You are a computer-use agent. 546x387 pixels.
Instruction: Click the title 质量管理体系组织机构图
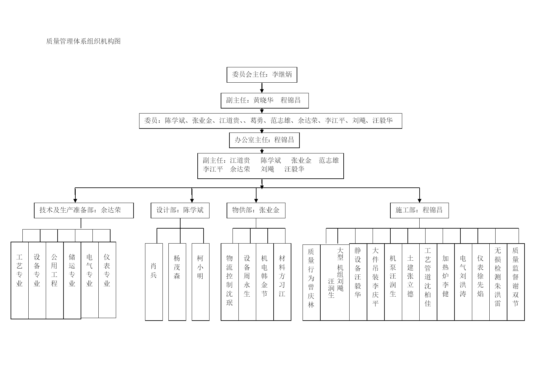[x=83, y=41]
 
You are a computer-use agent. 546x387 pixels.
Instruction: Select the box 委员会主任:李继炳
[x=262, y=75]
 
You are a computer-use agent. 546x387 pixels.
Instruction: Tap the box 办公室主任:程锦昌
[x=264, y=140]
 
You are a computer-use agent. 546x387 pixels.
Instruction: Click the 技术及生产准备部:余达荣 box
[x=84, y=210]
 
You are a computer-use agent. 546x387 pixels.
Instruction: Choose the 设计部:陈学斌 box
[x=180, y=210]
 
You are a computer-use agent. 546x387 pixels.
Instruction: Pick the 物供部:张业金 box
[x=256, y=210]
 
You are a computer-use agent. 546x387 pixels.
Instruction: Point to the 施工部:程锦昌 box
[x=419, y=210]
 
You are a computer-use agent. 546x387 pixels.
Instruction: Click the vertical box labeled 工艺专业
[x=20, y=280]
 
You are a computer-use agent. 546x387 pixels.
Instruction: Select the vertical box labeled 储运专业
[x=72, y=280]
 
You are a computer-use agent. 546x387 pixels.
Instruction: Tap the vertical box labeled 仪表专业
[x=107, y=280]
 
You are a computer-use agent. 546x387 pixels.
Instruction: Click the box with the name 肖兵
[x=154, y=282]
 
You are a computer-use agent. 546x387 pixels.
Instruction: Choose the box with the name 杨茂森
[x=177, y=282]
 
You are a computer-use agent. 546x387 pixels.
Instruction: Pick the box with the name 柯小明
[x=200, y=282]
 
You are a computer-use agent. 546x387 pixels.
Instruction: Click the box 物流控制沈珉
[x=230, y=282]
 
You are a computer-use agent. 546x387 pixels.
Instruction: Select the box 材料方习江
[x=282, y=282]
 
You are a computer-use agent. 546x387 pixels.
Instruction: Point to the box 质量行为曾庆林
[x=312, y=283]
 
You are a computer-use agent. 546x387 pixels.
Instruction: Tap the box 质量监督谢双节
[x=516, y=282]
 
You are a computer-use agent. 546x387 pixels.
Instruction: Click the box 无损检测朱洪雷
[x=498, y=282]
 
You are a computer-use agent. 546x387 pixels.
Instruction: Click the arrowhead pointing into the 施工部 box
[x=419, y=201]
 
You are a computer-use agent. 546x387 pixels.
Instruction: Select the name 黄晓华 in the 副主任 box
[x=263, y=100]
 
